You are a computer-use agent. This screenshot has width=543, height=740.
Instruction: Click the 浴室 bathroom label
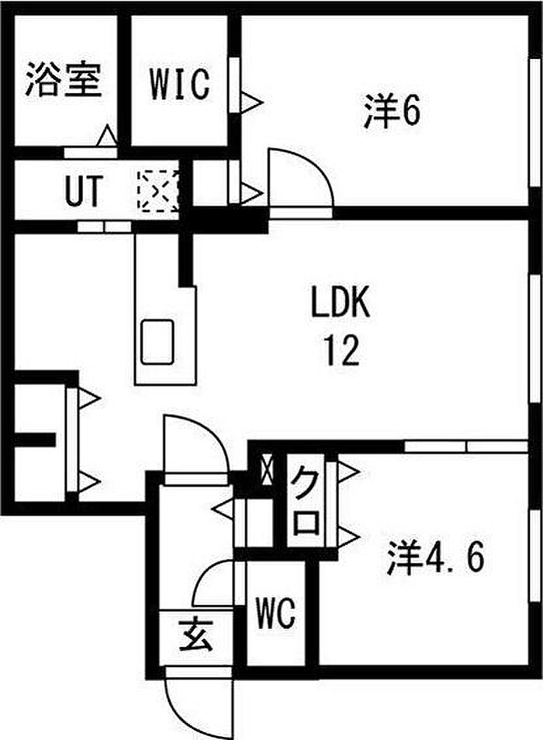(x=64, y=79)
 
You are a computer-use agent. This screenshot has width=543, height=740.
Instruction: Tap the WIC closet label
(x=179, y=83)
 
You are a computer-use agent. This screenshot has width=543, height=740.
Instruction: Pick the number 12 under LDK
(x=341, y=351)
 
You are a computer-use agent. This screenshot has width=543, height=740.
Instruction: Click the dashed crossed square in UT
(x=158, y=190)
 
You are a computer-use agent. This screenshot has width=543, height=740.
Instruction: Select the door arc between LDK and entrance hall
(x=194, y=446)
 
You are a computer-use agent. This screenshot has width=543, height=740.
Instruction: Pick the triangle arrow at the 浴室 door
(x=107, y=137)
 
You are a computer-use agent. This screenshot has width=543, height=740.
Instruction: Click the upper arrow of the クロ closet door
(x=347, y=471)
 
